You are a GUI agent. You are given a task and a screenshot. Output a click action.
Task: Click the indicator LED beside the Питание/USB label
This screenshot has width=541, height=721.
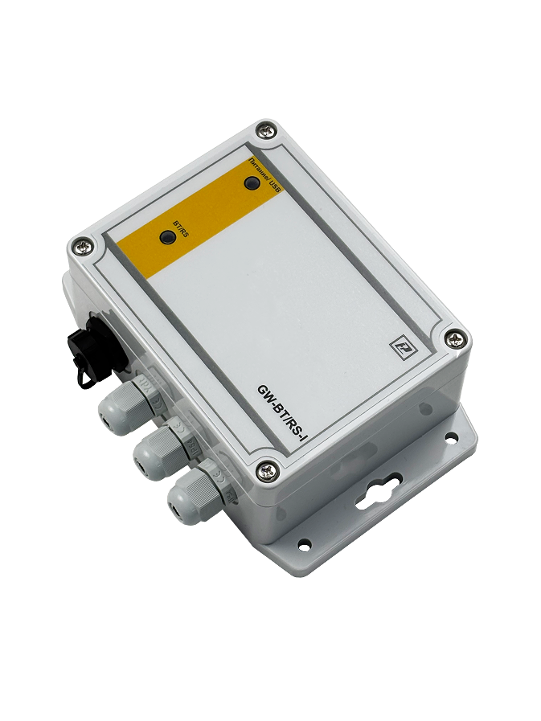252,183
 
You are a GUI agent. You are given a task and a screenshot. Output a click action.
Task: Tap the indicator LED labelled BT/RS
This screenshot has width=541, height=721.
166,237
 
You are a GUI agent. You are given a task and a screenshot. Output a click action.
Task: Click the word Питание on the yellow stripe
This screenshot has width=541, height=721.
258,169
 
